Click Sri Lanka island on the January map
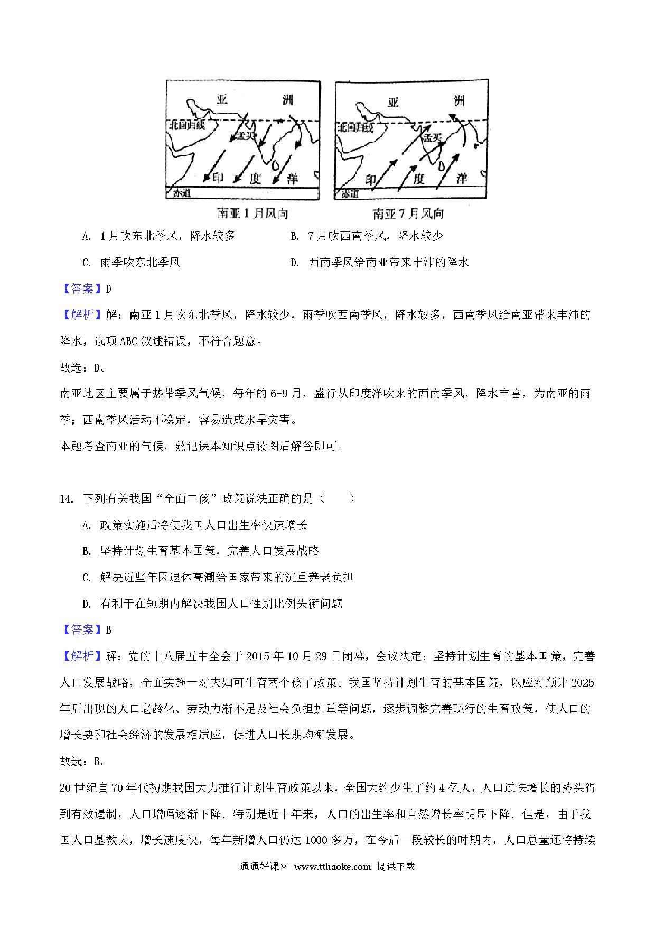(x=275, y=165)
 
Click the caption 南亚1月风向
(x=252, y=214)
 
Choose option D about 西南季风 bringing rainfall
(x=379, y=262)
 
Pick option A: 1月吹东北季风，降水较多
(x=159, y=236)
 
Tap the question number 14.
(x=66, y=498)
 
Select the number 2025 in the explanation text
(x=583, y=682)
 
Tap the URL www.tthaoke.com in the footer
(x=332, y=882)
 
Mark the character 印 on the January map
(x=218, y=179)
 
